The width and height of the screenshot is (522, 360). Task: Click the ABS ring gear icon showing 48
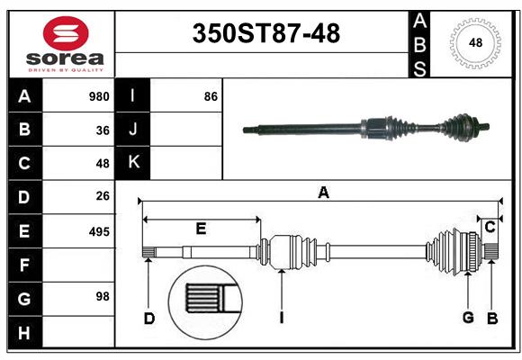coord(473,42)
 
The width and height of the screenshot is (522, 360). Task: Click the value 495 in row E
coord(99,231)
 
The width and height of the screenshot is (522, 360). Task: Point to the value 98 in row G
coord(103,296)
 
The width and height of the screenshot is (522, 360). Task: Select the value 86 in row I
coord(211,96)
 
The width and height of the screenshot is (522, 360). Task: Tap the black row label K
coord(133,163)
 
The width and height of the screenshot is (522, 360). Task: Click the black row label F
coord(24,265)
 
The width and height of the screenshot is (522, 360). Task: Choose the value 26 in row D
coord(103,195)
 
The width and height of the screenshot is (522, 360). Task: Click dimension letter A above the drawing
coord(322,192)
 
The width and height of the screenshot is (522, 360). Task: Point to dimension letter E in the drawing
coord(201,229)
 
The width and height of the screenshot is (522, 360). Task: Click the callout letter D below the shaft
coord(149,318)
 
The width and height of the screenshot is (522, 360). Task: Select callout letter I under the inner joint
coord(282,318)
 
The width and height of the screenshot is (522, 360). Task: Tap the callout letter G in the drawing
coord(468,318)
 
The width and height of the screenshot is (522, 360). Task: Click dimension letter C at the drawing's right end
coord(490,227)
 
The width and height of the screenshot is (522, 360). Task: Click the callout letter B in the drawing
coord(492,318)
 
